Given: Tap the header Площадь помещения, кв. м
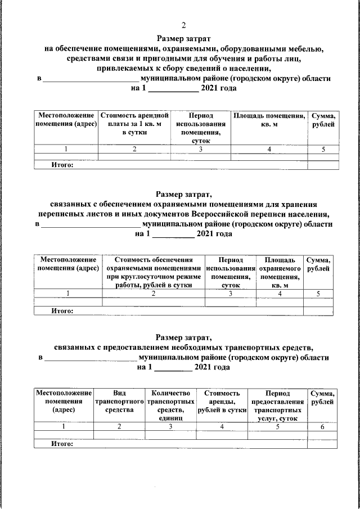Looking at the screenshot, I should pyautogui.click(x=269, y=120).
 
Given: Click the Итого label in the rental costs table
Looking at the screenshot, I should pyautogui.click(x=62, y=165).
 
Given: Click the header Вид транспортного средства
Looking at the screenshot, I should pyautogui.click(x=119, y=402).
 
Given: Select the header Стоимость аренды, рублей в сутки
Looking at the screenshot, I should pyautogui.click(x=222, y=402).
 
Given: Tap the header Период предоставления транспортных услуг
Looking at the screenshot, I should pyautogui.click(x=278, y=405).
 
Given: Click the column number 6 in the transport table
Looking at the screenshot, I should pyautogui.click(x=322, y=427).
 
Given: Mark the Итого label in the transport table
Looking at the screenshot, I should pyautogui.click(x=62, y=444).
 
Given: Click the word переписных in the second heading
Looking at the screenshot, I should pyautogui.click(x=72, y=214).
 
